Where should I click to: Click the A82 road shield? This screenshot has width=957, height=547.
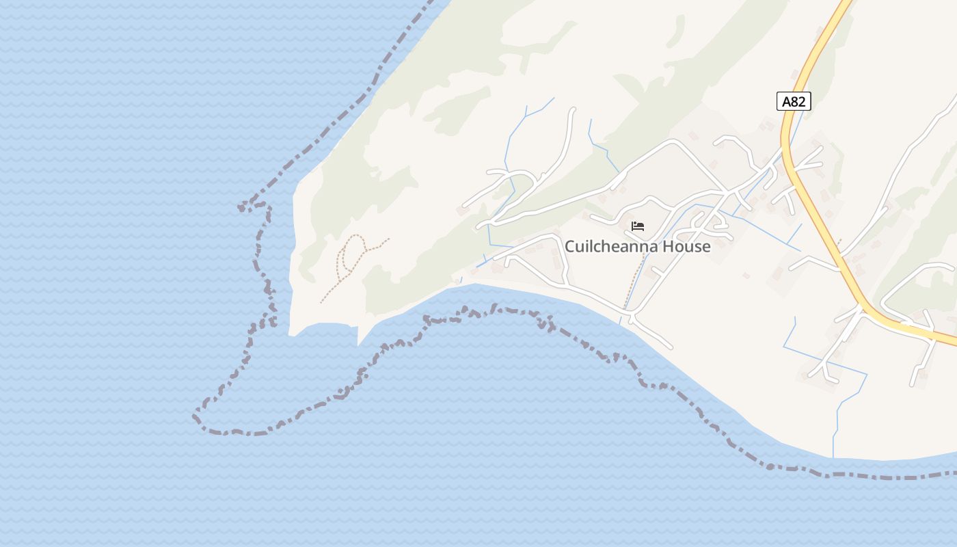point(794,101)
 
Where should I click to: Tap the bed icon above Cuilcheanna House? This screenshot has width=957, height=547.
point(638,226)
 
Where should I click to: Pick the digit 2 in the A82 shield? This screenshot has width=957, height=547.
point(803,101)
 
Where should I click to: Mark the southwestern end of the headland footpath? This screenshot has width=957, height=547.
point(321,302)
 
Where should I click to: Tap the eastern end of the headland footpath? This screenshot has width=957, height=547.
point(389,239)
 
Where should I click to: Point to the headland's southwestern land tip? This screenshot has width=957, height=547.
point(293,334)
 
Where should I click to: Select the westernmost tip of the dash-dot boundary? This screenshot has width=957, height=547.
point(196,415)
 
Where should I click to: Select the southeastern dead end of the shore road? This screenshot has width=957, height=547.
point(671,347)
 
